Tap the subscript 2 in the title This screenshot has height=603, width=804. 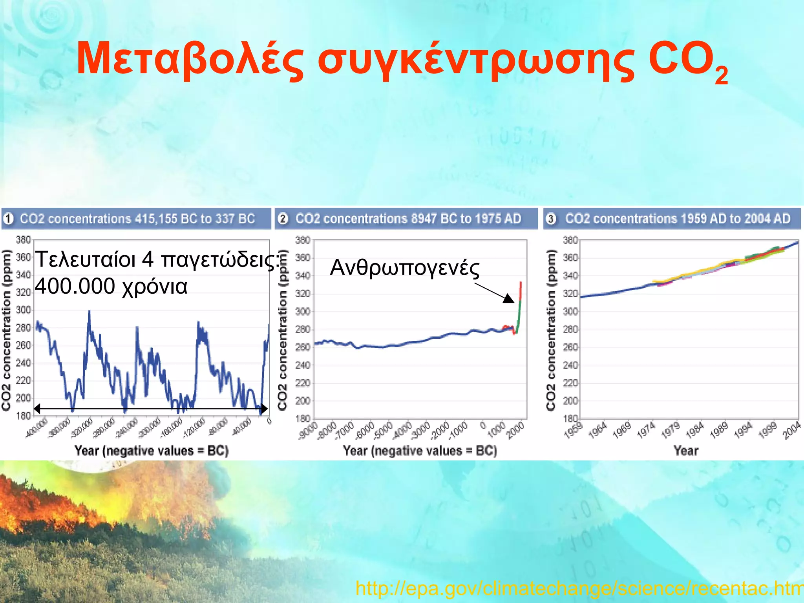click(721, 76)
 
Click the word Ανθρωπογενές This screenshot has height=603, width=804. click(404, 268)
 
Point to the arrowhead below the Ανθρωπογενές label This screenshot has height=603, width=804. click(509, 299)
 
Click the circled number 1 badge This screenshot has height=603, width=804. click(9, 219)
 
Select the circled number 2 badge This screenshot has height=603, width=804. click(283, 219)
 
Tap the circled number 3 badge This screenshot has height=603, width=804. click(552, 219)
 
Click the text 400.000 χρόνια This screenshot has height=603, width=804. click(111, 286)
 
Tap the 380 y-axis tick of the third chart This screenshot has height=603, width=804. click(570, 240)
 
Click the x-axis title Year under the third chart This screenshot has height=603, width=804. click(686, 450)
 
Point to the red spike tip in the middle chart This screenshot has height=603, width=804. click(521, 282)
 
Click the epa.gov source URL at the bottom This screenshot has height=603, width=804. click(579, 588)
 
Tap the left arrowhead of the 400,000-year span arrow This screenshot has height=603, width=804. click(37, 409)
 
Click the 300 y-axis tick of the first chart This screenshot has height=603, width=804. click(23, 310)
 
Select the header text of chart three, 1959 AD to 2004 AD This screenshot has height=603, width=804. click(678, 219)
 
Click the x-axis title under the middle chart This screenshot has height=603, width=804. click(420, 450)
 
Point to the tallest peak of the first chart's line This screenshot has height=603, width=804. click(89, 311)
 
